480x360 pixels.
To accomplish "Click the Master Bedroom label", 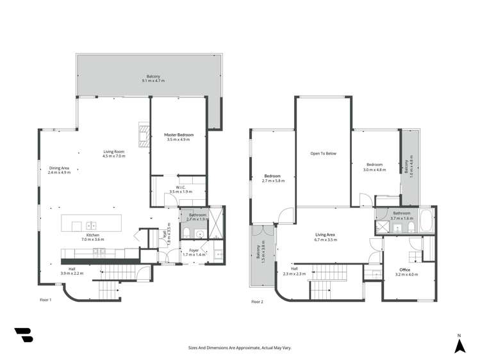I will click(x=179, y=135).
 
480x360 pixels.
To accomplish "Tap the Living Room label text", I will click(x=115, y=152).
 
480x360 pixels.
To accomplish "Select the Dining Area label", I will click(x=60, y=168).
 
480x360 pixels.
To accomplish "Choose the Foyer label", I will click(x=193, y=250).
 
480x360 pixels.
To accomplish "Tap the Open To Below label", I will click(x=323, y=154).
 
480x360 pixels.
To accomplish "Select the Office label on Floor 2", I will click(x=404, y=270).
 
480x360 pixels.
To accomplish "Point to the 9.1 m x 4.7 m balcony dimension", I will click(x=154, y=81).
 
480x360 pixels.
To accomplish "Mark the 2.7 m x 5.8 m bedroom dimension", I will click(x=273, y=181).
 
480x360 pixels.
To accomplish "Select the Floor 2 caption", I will click(x=257, y=302).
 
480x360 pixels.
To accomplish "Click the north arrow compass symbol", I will click(x=459, y=346).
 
